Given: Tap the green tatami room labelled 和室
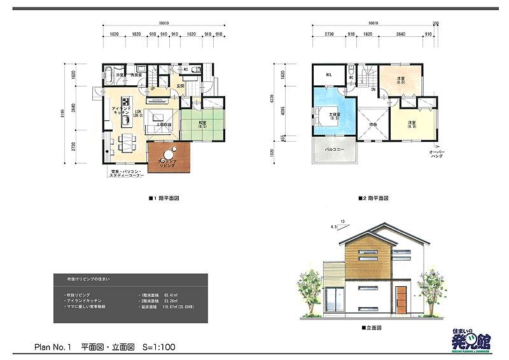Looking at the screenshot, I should (x=202, y=123).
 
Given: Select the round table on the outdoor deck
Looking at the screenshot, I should (x=169, y=155).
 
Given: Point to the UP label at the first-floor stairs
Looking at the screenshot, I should (x=153, y=88).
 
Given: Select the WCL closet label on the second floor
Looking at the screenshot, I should (x=330, y=75).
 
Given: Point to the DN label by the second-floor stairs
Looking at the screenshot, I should (x=372, y=89).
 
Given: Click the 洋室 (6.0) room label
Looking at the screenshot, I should (x=401, y=80).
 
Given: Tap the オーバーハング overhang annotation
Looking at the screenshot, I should (x=436, y=155).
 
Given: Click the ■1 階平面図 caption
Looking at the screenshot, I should (x=164, y=198).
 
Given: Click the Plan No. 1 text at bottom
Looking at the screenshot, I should (x=54, y=347).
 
